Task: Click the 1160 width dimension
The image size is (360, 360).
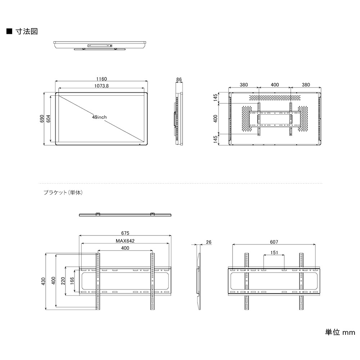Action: [102, 79]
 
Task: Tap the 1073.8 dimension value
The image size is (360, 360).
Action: [102, 86]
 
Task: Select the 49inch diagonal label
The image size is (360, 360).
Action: [99, 117]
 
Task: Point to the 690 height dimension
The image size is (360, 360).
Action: [42, 118]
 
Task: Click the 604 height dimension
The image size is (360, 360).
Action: [49, 118]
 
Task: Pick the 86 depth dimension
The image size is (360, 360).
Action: [179, 80]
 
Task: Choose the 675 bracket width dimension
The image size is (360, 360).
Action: [125, 233]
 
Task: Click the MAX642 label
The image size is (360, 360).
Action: [125, 241]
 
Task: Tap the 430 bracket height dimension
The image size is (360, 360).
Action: [44, 281]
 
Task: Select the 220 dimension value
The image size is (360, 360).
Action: [63, 280]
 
